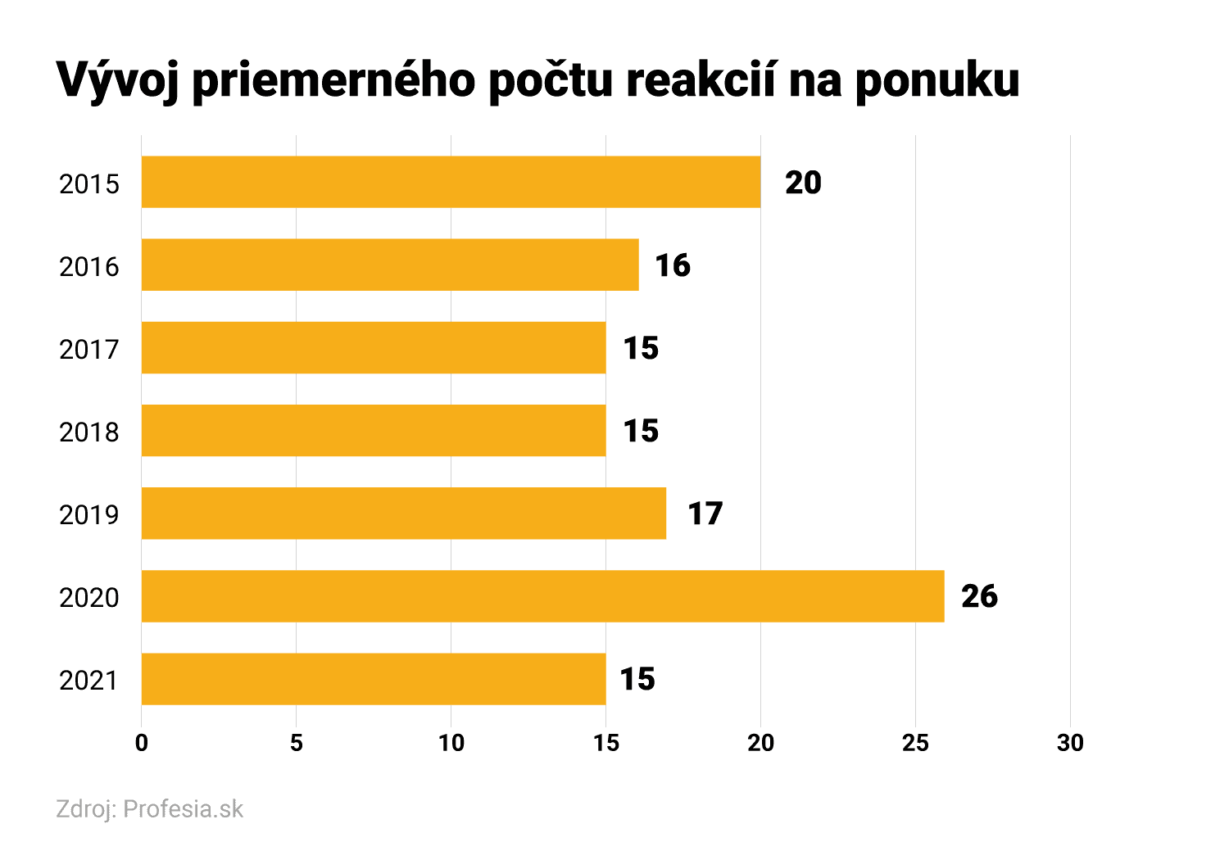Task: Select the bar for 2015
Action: click(x=451, y=182)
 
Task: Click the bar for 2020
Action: click(x=542, y=596)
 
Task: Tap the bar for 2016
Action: click(x=390, y=265)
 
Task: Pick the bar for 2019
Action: click(x=404, y=514)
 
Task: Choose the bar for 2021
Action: click(x=374, y=679)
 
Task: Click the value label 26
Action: click(x=979, y=596)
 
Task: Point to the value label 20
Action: click(x=803, y=183)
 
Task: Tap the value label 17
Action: click(x=705, y=514)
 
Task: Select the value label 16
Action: click(x=673, y=265)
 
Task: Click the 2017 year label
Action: click(x=89, y=350)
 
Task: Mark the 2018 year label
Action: click(x=89, y=432)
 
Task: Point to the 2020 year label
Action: click(x=89, y=598)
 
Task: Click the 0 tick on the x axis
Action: click(x=142, y=743)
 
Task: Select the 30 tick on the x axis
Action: click(x=1070, y=743)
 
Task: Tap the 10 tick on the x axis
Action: click(x=451, y=743)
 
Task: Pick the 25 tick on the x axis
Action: click(x=915, y=743)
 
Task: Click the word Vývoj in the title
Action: click(x=119, y=81)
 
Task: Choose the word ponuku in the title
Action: click(x=937, y=81)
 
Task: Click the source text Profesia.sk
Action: click(x=184, y=809)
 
